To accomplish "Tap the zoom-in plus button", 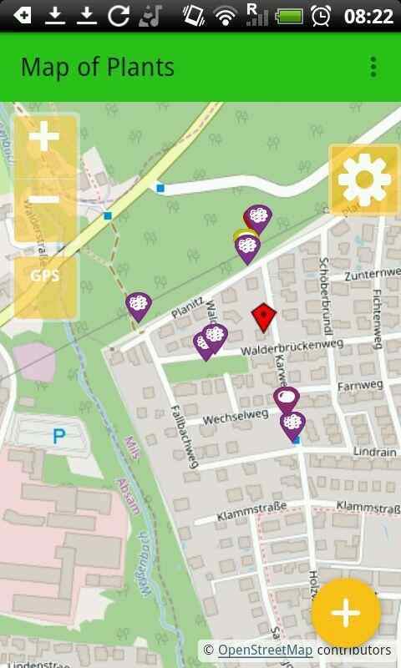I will click(x=44, y=139).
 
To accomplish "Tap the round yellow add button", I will click(x=345, y=613).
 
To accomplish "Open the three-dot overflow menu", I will click(x=373, y=68).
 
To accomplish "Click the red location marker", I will click(x=264, y=318).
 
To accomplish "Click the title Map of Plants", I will click(x=98, y=68).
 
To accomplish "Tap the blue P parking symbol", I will click(x=58, y=435).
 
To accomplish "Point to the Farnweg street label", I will click(x=358, y=387).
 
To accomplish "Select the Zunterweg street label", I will click(x=372, y=275).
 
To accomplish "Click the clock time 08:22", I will click(x=368, y=16).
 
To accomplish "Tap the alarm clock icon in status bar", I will click(x=321, y=16).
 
